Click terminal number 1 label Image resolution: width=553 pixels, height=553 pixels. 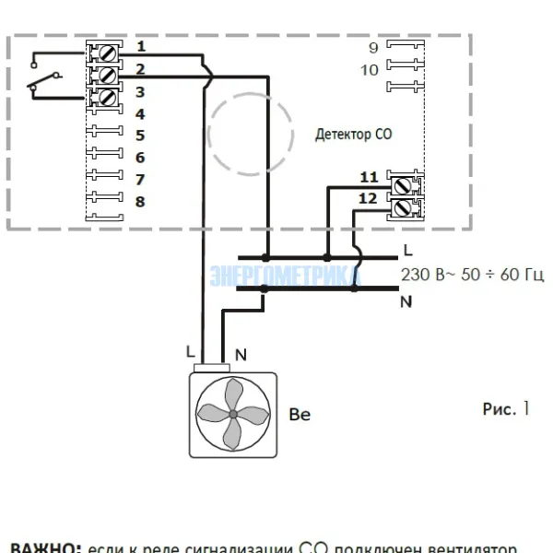point(140,46)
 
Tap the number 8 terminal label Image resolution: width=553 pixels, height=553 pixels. point(140,201)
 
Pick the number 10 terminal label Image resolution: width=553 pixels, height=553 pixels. point(370,70)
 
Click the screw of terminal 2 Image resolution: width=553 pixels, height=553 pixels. point(108,73)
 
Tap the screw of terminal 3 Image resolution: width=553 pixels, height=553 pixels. point(108,95)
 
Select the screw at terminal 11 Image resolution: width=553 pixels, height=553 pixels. point(402,185)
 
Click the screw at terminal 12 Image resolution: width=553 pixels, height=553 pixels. point(402,206)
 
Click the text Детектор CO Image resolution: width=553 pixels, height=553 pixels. point(353,135)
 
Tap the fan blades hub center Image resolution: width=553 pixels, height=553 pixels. point(233,415)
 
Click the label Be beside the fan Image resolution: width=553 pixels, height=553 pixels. point(300,415)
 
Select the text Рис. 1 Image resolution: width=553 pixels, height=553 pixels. point(506,408)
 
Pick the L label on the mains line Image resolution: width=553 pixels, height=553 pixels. point(407,251)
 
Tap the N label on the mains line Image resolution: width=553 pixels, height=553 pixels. point(406,300)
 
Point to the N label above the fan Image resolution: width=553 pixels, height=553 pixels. point(241,353)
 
